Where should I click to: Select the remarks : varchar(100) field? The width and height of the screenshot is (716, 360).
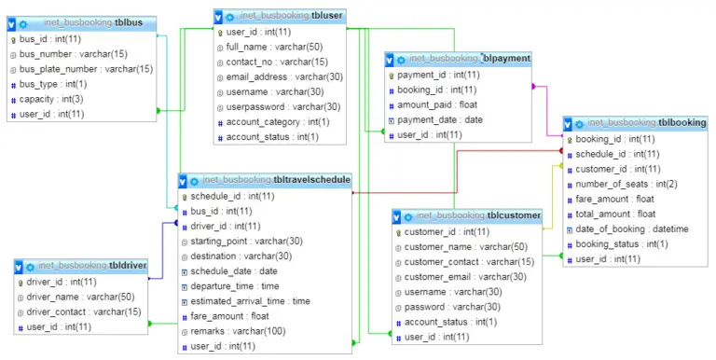coord(238,331)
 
